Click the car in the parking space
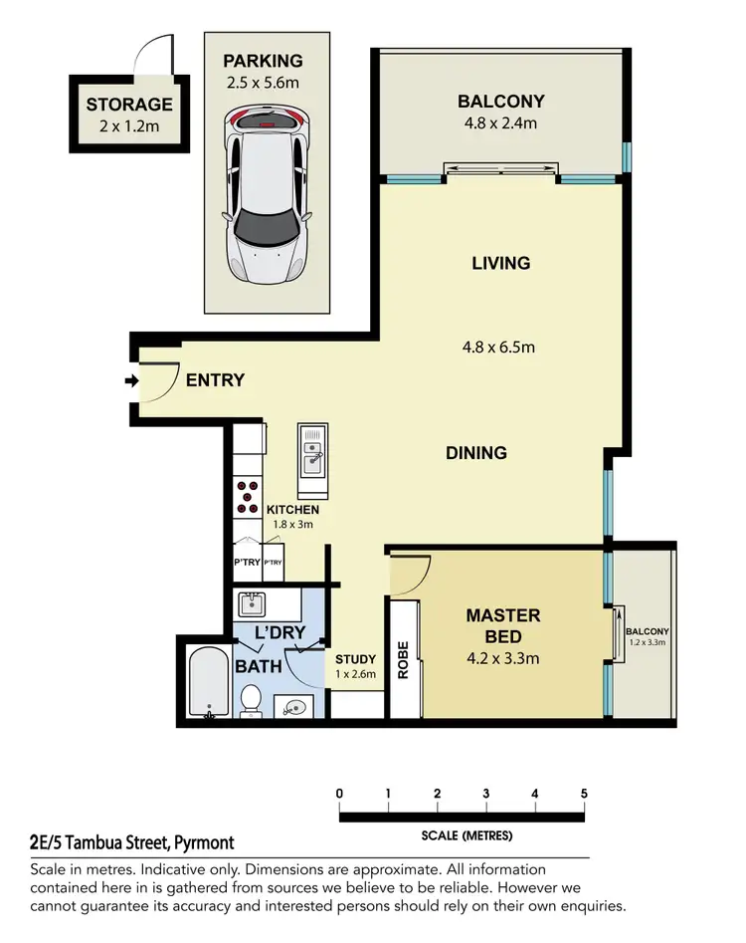[x=264, y=194]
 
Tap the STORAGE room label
[x=129, y=105]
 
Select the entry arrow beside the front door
[x=130, y=380]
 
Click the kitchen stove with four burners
[x=247, y=495]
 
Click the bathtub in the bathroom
[x=210, y=682]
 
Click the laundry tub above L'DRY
[x=252, y=603]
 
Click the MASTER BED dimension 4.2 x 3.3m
[x=503, y=658]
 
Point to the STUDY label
[x=355, y=659]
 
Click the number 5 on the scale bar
[x=584, y=794]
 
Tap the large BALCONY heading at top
[x=500, y=101]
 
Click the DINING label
[x=475, y=453]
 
